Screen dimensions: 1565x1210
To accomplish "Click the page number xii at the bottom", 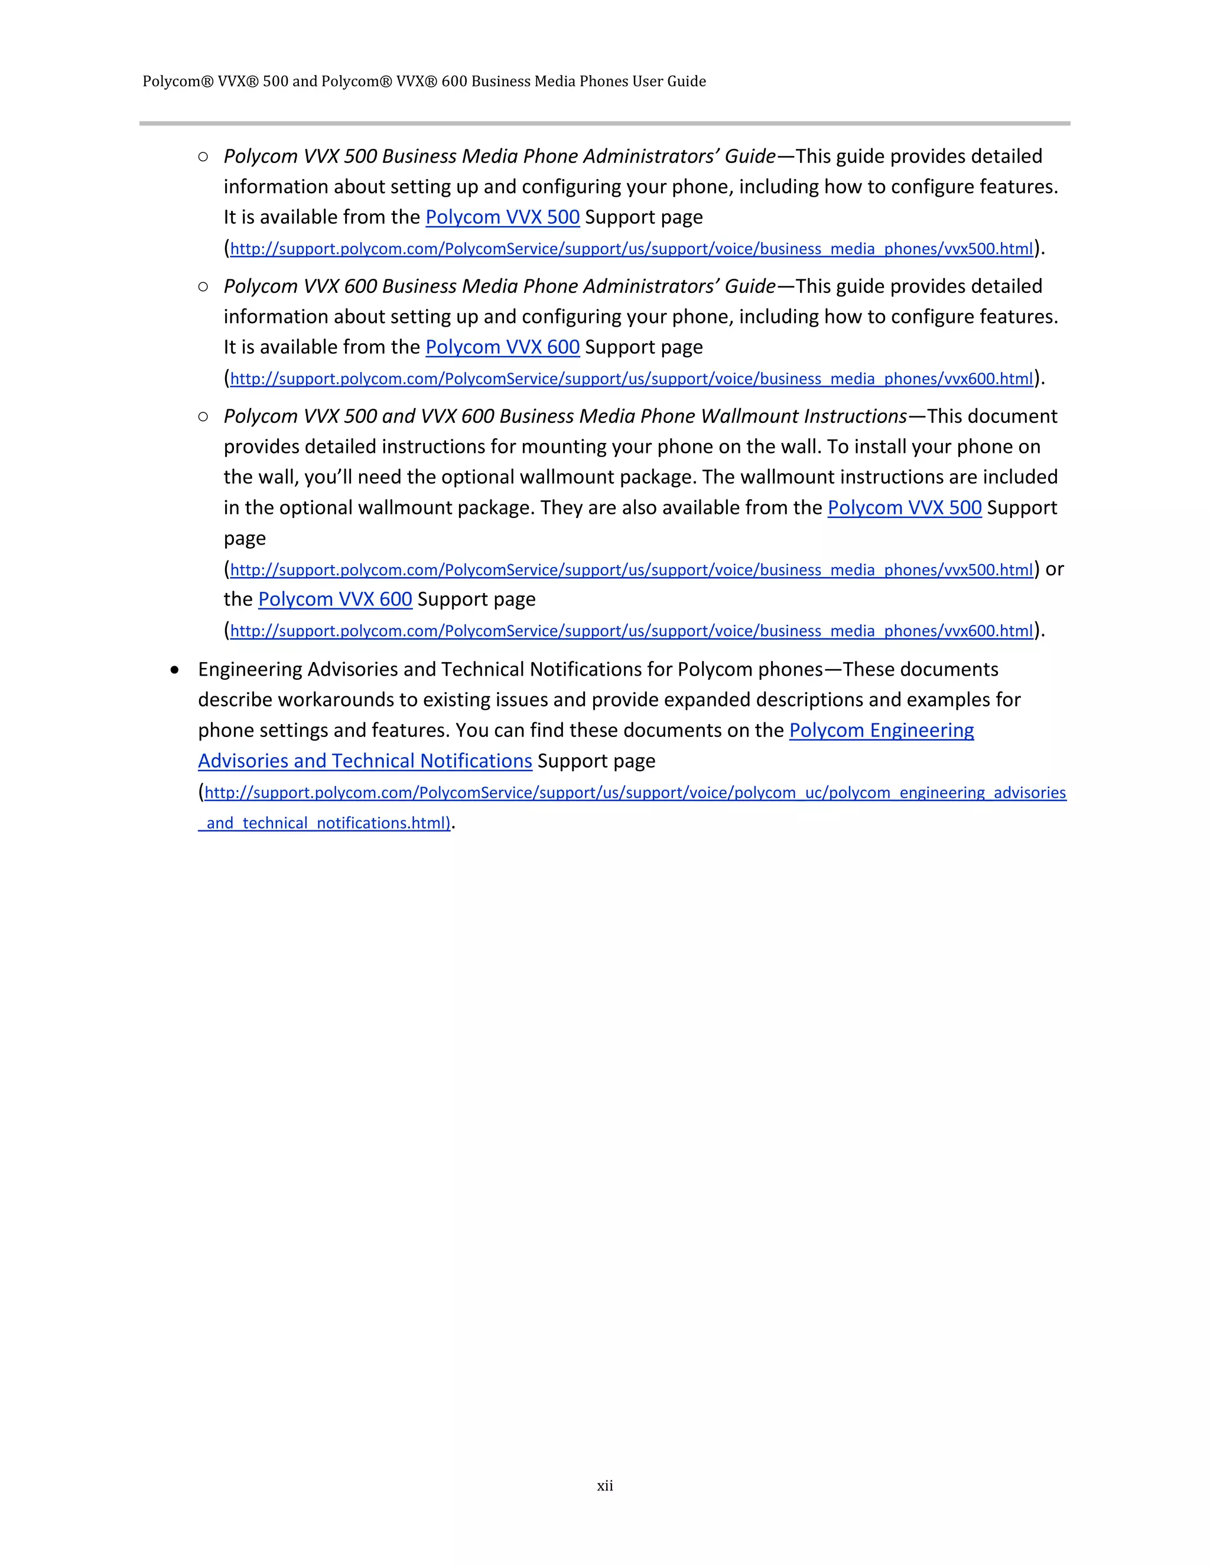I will [604, 1485].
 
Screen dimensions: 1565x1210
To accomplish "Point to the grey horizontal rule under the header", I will [604, 123].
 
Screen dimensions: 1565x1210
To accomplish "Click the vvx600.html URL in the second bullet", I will [631, 379].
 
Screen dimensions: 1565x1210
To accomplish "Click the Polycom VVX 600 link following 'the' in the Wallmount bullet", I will [335, 600].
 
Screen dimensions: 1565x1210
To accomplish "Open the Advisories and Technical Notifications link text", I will [365, 761].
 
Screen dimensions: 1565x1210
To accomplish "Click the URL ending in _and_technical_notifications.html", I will [324, 823].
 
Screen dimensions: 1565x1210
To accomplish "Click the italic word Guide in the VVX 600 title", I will [750, 286].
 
